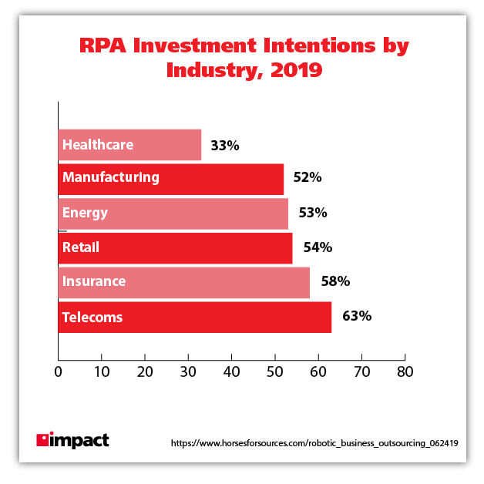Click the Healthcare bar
point(129,145)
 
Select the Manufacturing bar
point(170,178)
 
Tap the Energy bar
point(173,213)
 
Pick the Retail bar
point(175,247)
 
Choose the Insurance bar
point(183,282)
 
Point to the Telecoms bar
point(194,317)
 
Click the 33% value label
point(224,145)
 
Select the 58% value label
point(335,282)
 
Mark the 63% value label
point(357,317)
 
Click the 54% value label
point(316,247)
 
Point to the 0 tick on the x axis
point(59,371)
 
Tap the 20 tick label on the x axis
point(145,371)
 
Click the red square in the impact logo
point(42,441)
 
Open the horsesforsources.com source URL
point(314,444)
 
